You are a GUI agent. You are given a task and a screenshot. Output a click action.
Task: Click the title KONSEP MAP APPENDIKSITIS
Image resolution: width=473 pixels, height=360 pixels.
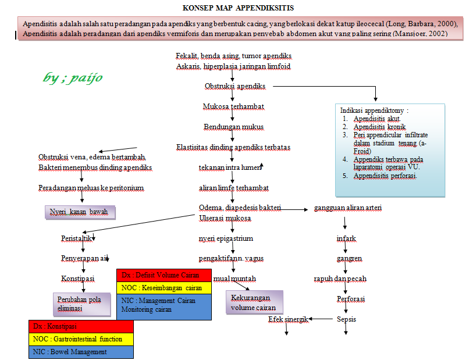238,8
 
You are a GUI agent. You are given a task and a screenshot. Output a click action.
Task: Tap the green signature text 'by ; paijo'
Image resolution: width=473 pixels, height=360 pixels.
73,77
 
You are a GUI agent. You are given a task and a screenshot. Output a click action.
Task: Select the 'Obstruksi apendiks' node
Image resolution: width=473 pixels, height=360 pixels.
235,86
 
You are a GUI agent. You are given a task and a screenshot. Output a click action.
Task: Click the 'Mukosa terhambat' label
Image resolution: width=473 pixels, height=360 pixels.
233,106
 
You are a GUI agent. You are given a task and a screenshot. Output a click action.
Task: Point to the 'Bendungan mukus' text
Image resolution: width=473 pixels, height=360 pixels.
233,127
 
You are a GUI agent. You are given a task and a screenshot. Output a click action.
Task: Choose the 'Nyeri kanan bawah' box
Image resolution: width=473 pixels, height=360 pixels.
80,212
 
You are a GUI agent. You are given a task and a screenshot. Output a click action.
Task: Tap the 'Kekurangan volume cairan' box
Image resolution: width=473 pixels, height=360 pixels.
254,302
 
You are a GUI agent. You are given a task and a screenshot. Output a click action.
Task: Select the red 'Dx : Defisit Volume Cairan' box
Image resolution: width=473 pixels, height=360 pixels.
164,275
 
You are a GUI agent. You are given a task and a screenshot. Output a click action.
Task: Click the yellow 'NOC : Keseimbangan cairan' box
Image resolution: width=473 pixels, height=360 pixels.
164,288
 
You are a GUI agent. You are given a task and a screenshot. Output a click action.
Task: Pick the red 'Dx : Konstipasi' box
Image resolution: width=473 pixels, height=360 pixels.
81,326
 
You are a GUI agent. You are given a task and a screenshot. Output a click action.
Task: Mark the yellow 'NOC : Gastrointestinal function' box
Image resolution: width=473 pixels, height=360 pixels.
81,339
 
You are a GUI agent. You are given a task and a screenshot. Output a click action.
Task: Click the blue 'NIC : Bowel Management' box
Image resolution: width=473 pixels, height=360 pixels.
81,352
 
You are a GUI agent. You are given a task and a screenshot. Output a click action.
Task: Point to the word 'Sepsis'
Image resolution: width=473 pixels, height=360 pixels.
346,319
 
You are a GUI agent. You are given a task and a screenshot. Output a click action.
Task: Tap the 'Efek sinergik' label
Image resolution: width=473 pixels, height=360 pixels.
287,319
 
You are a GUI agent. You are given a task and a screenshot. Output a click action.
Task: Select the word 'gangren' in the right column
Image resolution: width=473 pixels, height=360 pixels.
349,258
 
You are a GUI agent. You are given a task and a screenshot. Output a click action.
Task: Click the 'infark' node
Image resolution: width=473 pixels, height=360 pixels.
346,238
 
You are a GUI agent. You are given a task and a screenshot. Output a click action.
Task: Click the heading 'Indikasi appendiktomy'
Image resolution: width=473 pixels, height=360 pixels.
374,110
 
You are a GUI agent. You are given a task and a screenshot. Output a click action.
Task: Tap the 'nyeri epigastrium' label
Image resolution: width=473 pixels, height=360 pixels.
226,238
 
